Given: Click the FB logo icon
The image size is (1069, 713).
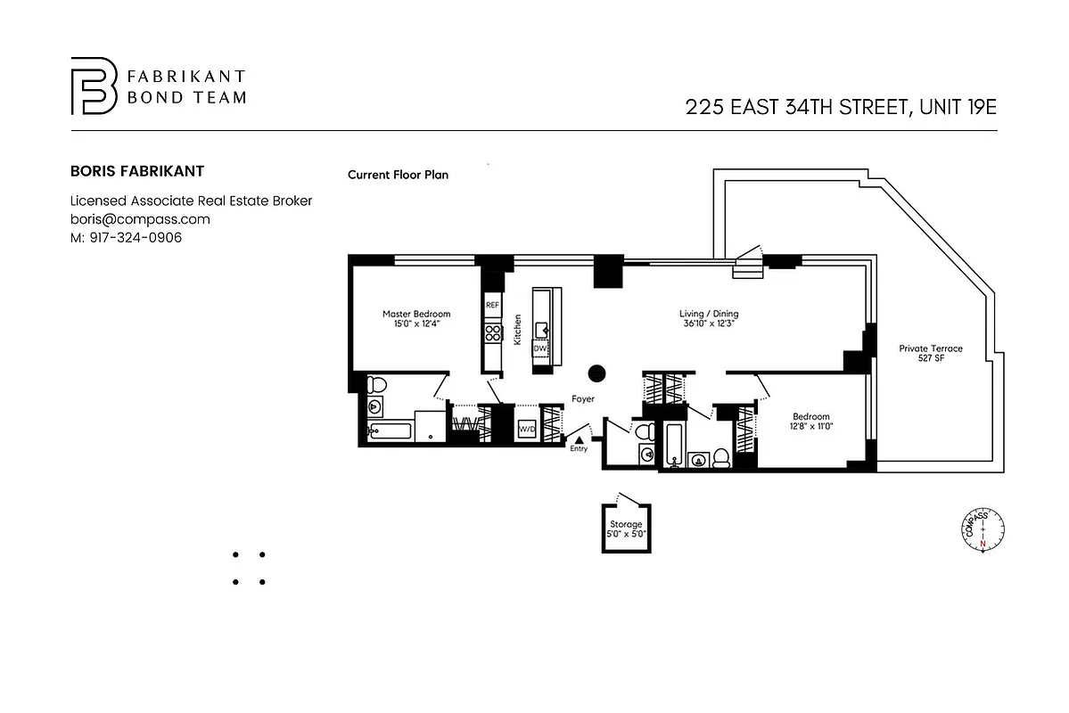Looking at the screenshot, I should tap(94, 86).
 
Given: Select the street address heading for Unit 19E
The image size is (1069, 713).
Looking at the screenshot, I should tap(840, 108).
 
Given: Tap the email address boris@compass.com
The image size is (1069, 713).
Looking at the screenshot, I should tap(140, 219).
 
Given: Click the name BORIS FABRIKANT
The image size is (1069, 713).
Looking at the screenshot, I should tap(137, 171).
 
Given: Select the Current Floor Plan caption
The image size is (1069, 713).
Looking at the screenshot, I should tap(398, 175).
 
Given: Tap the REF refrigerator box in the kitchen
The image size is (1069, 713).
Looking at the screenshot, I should tap(492, 305).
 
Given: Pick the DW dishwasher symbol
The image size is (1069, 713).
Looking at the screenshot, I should tap(540, 348).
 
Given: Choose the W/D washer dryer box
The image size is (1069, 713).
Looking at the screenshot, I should tap(526, 430).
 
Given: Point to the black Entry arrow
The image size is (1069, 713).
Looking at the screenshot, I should tap(580, 439).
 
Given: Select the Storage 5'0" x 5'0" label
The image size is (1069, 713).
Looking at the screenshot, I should tap(626, 529).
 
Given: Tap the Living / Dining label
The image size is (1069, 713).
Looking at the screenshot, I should tap(709, 319).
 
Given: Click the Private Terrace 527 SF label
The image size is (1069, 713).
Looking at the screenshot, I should tap(930, 354).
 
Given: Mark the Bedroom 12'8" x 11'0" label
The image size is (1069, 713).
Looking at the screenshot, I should tap(811, 422).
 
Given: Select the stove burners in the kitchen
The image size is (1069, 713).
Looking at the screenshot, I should tap(492, 333).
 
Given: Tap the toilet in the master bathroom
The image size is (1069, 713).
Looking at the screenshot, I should tap(376, 386).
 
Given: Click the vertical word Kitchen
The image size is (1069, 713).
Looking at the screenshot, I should tap(517, 329).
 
